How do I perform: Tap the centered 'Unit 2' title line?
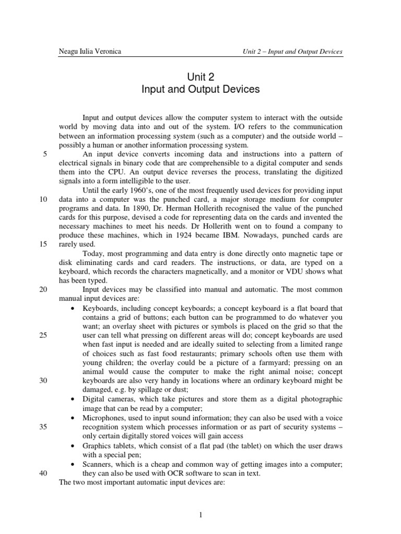coord(200,76)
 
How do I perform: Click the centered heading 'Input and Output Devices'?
coord(200,90)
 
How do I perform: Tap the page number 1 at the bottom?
coord(200,515)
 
